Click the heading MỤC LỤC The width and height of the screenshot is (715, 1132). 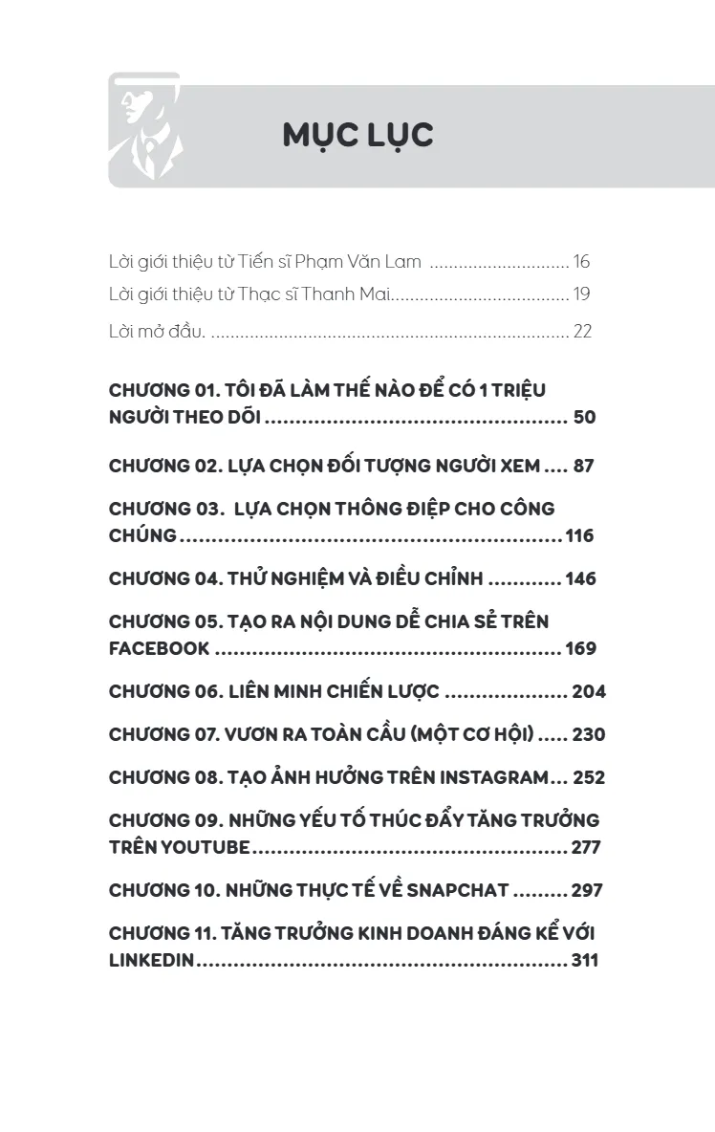(357, 136)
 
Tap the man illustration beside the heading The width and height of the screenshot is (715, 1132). (144, 129)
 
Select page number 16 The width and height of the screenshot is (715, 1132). (581, 262)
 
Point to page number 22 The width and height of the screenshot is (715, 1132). (582, 332)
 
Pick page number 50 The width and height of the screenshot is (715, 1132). (584, 418)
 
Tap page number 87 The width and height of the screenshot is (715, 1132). (584, 467)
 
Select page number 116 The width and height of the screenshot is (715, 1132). (579, 535)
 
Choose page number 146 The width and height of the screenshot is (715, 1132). (580, 578)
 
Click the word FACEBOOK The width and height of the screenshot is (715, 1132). (159, 648)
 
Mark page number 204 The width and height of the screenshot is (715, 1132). (588, 691)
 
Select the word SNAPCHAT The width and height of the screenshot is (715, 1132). (458, 890)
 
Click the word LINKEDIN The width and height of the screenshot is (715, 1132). (152, 960)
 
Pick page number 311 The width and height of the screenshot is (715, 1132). (584, 960)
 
